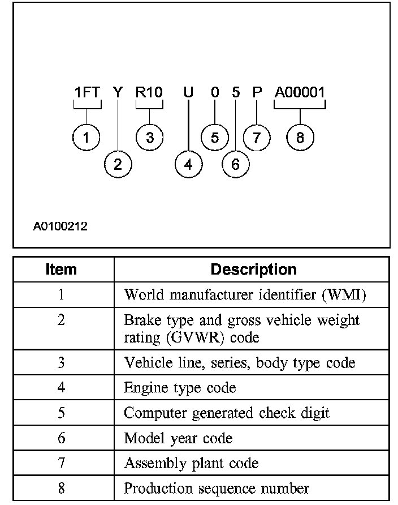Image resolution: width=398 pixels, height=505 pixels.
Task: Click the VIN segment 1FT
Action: [x=87, y=93]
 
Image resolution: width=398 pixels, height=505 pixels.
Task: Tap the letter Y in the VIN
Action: [x=117, y=93]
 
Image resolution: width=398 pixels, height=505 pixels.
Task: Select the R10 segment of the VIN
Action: [x=149, y=93]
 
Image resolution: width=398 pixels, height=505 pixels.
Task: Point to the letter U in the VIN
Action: [x=188, y=93]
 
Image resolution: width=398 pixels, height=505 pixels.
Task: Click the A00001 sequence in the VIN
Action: [x=300, y=93]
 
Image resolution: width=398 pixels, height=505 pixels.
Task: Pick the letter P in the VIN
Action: [x=257, y=93]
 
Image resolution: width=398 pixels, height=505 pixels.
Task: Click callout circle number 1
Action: [x=86, y=138]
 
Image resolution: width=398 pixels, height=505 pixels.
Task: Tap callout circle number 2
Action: [x=118, y=164]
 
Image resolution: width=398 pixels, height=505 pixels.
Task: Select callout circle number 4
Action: [x=188, y=164]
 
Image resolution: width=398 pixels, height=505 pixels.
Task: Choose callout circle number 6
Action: [x=235, y=164]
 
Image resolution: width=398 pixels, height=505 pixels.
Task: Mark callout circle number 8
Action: [x=300, y=138]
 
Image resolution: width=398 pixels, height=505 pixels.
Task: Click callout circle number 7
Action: [x=257, y=138]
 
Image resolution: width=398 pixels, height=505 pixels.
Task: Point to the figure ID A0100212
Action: [x=59, y=227]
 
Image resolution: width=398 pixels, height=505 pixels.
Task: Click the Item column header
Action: [x=61, y=269]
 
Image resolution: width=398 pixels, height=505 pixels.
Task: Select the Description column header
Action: [x=253, y=269]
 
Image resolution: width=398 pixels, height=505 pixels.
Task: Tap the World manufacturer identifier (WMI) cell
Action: [x=249, y=295]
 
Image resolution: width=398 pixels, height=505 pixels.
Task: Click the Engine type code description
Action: [x=180, y=388]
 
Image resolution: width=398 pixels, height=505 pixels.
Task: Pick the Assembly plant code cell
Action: [x=191, y=463]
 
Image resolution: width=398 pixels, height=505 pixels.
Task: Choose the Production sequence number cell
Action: [x=217, y=488]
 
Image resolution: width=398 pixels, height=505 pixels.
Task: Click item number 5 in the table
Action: [x=61, y=413]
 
